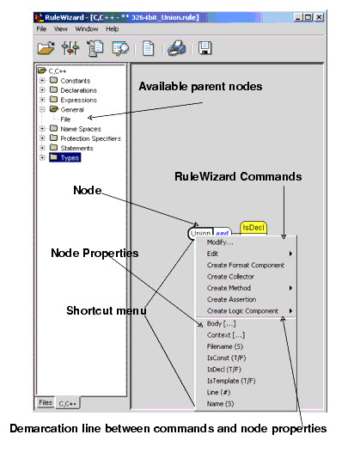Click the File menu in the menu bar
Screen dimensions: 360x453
pyautogui.click(x=41, y=29)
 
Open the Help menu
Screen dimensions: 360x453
pyautogui.click(x=112, y=29)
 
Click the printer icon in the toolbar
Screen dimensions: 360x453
pyautogui.click(x=177, y=47)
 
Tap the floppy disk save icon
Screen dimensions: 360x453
pyautogui.click(x=205, y=48)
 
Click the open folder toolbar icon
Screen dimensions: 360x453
pyautogui.click(x=46, y=48)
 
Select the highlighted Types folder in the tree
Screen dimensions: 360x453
pyautogui.click(x=65, y=158)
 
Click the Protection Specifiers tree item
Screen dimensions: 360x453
pyautogui.click(x=85, y=138)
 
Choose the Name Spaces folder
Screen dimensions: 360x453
pyautogui.click(x=76, y=129)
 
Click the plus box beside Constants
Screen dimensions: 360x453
pyautogui.click(x=42, y=80)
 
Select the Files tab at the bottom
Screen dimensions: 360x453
pyautogui.click(x=46, y=402)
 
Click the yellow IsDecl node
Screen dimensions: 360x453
pyautogui.click(x=253, y=228)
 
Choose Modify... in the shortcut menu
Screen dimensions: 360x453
pyautogui.click(x=220, y=242)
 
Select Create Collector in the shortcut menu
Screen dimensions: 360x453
pyautogui.click(x=230, y=277)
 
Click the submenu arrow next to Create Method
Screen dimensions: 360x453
pyautogui.click(x=290, y=288)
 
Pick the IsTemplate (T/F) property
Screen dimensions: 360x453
pyautogui.click(x=231, y=381)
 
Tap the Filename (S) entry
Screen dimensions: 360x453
pyautogui.click(x=225, y=346)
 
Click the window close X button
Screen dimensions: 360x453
pyautogui.click(x=319, y=17)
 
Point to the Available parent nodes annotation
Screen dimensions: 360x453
pyautogui.click(x=200, y=86)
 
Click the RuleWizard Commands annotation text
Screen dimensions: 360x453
pyautogui.click(x=238, y=176)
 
